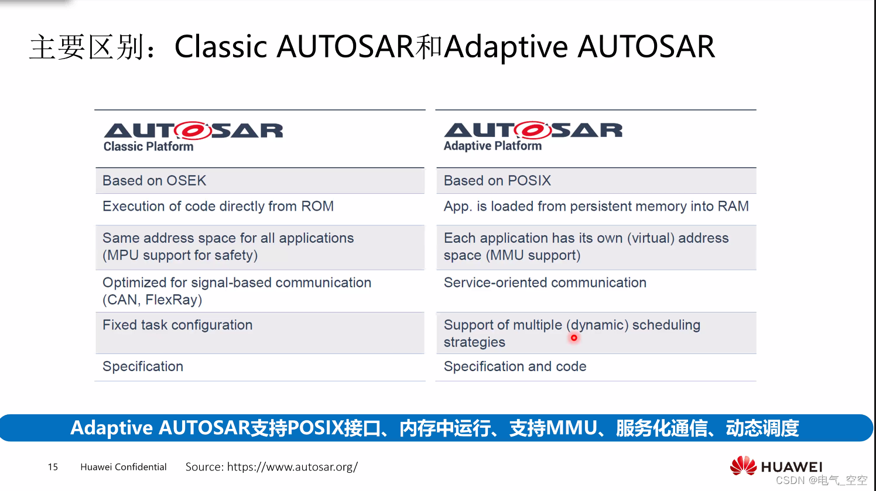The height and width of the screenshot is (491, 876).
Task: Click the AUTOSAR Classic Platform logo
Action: pos(193,136)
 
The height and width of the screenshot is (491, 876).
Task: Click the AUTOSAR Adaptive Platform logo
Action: pos(532,136)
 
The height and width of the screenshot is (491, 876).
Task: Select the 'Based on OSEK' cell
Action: pos(155,181)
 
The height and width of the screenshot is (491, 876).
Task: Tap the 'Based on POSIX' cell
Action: pos(497,181)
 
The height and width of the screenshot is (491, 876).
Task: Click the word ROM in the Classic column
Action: pos(317,207)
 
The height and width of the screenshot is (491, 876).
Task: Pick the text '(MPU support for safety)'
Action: pos(180,256)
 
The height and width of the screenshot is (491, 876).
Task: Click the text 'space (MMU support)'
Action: pos(512,256)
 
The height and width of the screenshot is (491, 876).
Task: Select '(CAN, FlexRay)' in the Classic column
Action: pos(152,300)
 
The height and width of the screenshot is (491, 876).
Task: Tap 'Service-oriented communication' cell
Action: pos(545,283)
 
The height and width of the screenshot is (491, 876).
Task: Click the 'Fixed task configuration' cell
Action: pos(177,325)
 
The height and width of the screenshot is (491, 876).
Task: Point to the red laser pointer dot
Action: pos(574,338)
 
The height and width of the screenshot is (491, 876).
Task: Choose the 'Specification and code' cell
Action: pos(515,367)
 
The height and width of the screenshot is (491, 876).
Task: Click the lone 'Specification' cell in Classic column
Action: pos(143,367)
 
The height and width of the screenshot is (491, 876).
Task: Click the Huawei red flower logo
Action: pos(743,465)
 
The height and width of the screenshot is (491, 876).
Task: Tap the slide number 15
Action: pos(53,467)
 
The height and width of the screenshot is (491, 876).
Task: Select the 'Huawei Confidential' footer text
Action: pos(124,467)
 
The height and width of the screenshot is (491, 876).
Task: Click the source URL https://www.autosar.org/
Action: pos(292,467)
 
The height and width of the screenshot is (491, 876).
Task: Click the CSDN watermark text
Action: pos(821,480)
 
